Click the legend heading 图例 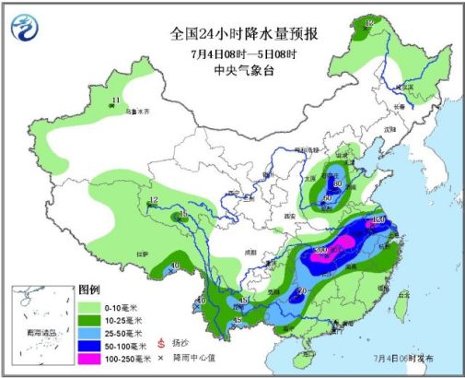(x=87, y=289)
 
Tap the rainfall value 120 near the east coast (x=378, y=221)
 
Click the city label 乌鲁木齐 (x=137, y=110)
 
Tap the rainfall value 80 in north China (x=338, y=184)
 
